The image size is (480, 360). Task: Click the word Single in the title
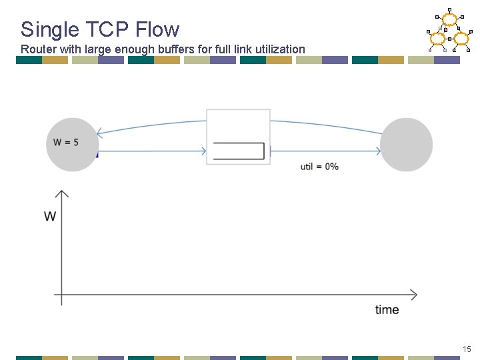click(x=45, y=29)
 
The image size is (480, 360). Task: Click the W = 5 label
click(x=66, y=142)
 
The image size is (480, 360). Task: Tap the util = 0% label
click(x=319, y=166)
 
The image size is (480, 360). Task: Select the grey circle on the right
click(x=406, y=144)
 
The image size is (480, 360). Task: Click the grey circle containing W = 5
click(x=72, y=144)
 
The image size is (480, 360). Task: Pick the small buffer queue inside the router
click(x=238, y=151)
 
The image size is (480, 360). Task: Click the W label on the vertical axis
click(x=50, y=217)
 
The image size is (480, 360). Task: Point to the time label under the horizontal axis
click(x=387, y=310)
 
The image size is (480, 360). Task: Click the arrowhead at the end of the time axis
click(x=414, y=295)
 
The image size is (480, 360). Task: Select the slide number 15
click(x=466, y=349)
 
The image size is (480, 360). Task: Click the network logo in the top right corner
click(x=449, y=31)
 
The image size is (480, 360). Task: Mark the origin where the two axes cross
click(x=61, y=295)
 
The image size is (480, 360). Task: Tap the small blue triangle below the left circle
click(x=97, y=155)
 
